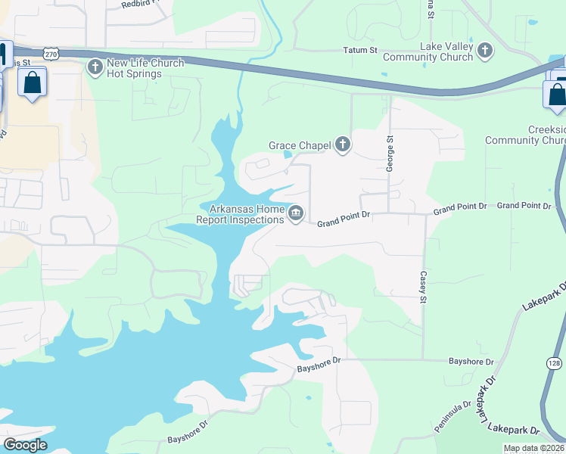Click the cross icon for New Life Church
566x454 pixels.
point(95,68)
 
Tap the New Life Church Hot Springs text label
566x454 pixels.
point(145,69)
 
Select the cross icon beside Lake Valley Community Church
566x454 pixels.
point(485,51)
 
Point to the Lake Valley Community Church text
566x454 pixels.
point(436,51)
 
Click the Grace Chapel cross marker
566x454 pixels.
point(343,145)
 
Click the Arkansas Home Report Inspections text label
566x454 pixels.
point(241,215)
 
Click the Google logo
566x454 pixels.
point(25,444)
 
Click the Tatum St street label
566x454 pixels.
point(361,51)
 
